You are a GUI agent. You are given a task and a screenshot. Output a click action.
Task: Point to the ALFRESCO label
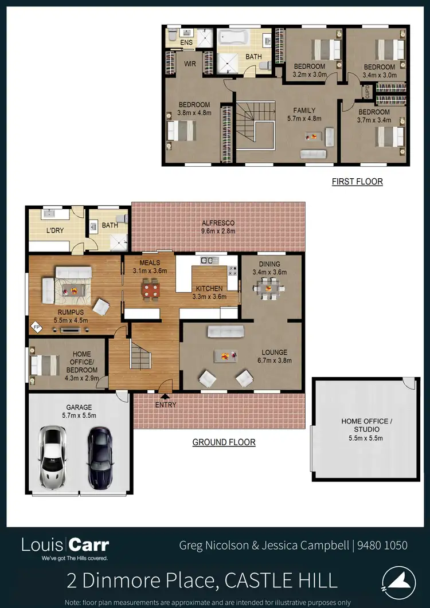(x=217, y=223)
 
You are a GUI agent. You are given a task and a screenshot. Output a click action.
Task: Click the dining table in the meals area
(x=151, y=289)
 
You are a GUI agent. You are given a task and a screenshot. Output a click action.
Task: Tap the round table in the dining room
(x=268, y=289)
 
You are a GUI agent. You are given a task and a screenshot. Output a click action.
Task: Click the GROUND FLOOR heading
(x=224, y=442)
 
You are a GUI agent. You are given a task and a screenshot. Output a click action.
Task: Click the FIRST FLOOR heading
(x=357, y=182)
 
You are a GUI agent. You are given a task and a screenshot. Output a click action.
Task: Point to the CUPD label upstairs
(x=368, y=91)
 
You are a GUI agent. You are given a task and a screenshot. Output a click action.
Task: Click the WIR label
(x=190, y=64)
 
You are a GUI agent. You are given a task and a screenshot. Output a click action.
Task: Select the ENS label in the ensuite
(x=186, y=42)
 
